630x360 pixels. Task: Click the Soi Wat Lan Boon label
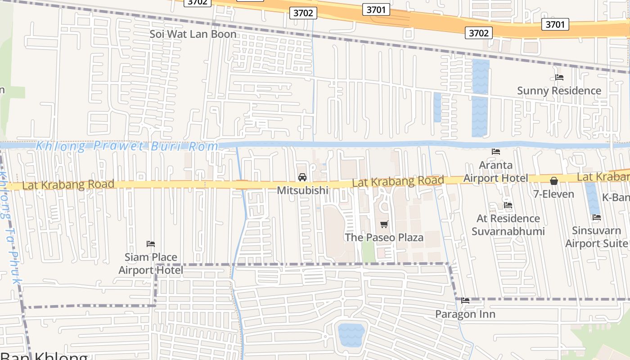point(193,34)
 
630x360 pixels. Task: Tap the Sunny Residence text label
point(559,90)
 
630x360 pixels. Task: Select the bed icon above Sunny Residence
point(559,77)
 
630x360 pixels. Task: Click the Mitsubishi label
point(302,190)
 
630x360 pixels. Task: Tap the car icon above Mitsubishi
point(302,177)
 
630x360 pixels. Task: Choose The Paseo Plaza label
point(384,237)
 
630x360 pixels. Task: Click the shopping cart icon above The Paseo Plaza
point(384,224)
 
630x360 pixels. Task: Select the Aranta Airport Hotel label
point(496,171)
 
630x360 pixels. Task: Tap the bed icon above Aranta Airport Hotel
point(496,152)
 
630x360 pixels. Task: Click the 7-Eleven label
point(553,194)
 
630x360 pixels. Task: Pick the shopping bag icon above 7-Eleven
point(554,181)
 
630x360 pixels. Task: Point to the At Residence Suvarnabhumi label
point(508,225)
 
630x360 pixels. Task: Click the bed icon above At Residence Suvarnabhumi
point(508,205)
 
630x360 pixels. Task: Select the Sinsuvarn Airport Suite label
point(597,237)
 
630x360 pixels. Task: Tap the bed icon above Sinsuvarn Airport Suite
point(597,217)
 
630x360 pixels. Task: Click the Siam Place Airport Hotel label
point(151,264)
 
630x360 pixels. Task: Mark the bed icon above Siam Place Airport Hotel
point(151,244)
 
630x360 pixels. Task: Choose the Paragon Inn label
point(465,314)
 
